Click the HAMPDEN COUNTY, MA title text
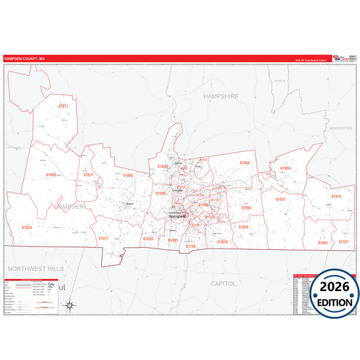[24, 59]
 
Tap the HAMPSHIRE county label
[221, 97]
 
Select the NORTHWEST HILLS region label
[34, 268]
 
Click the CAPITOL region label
[223, 284]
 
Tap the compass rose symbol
[70, 305]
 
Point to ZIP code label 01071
[88, 175]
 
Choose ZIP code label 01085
[128, 176]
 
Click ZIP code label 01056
[245, 163]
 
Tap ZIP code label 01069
[285, 168]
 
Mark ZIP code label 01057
[280, 199]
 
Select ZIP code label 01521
[343, 242]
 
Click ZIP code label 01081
[322, 242]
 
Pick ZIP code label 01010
[336, 197]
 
